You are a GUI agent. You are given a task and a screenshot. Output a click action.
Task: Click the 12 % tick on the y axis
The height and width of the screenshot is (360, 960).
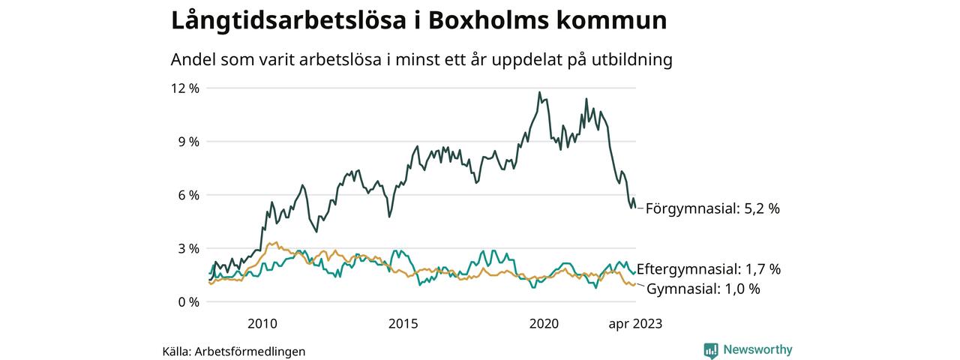(x=184, y=88)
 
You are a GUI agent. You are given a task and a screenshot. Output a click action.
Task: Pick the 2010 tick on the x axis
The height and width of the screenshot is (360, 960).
(x=262, y=324)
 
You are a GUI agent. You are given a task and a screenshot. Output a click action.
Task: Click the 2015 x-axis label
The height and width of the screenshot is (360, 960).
(x=403, y=324)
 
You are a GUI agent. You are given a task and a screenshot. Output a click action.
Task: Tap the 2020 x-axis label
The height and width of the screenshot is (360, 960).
(x=544, y=324)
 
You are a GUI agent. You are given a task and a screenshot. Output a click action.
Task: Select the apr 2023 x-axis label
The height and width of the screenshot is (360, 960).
(x=635, y=324)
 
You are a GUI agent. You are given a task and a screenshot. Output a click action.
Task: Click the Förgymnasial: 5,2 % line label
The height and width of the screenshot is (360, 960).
(x=712, y=208)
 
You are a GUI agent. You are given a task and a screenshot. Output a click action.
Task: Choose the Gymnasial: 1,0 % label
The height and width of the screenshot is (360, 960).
(x=703, y=289)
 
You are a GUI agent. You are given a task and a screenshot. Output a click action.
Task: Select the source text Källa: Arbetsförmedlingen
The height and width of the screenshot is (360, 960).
(x=234, y=351)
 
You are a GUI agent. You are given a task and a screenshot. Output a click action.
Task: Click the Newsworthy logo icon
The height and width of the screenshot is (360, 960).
(x=711, y=349)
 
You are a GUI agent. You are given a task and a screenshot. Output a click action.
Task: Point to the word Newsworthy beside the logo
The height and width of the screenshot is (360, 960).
(x=757, y=349)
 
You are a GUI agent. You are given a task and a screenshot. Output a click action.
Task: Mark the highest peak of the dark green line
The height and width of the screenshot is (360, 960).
(x=539, y=92)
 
